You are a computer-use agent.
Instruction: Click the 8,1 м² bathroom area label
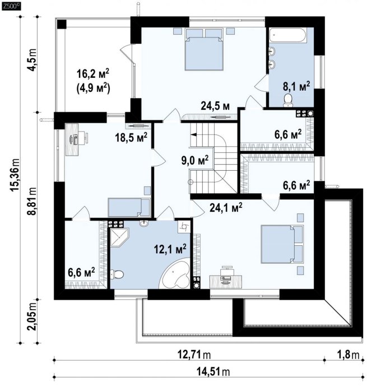click(x=296, y=86)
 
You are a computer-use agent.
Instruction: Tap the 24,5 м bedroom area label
click(x=215, y=106)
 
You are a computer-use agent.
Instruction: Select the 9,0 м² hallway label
click(x=195, y=160)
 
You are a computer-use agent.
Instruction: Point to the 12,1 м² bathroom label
click(x=170, y=249)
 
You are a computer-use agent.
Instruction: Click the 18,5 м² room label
click(x=131, y=137)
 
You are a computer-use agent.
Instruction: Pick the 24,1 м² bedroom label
click(x=226, y=207)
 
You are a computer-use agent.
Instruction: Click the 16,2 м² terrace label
click(x=93, y=74)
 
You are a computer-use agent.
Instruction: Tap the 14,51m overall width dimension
click(x=213, y=372)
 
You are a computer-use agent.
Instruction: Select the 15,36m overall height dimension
click(x=15, y=175)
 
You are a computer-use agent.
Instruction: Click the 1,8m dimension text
click(x=349, y=354)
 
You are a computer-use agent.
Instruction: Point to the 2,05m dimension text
click(x=32, y=316)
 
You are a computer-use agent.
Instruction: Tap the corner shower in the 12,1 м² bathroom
click(x=119, y=237)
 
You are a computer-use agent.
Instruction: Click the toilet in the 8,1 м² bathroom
click(x=288, y=100)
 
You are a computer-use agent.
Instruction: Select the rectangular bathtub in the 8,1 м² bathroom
click(x=287, y=35)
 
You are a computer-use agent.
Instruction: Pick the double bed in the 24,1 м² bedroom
click(x=282, y=244)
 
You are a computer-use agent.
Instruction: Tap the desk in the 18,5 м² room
click(x=72, y=139)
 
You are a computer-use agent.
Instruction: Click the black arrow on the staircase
click(x=194, y=135)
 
